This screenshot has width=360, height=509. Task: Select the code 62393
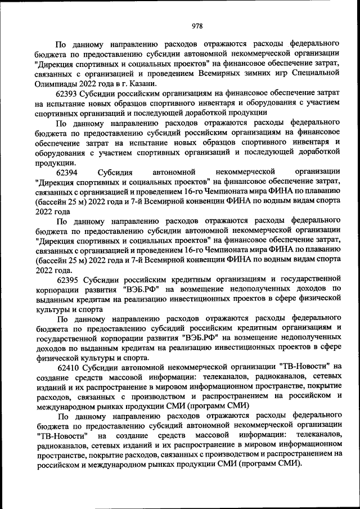point(68,93)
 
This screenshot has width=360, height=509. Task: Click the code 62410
point(68,367)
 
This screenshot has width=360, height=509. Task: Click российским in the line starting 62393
point(147,93)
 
